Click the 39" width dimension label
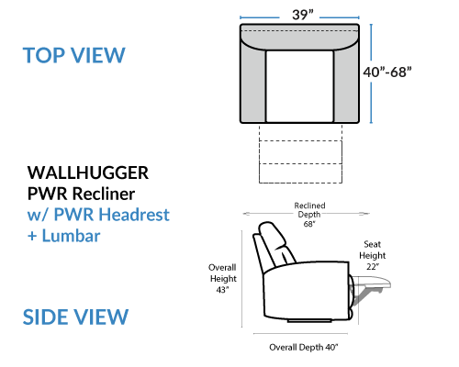(x=303, y=15)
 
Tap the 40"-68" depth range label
(x=387, y=72)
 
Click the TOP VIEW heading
(x=74, y=55)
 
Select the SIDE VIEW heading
(x=75, y=317)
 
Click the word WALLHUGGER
(x=88, y=172)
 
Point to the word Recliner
(x=104, y=194)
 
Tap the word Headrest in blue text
(x=134, y=215)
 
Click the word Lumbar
(x=71, y=236)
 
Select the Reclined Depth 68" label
(x=309, y=215)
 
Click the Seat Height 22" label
(x=373, y=255)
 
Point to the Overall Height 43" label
(x=223, y=279)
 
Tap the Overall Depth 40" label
(x=304, y=348)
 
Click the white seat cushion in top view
(x=299, y=86)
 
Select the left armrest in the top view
(x=253, y=83)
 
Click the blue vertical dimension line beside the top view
(x=371, y=73)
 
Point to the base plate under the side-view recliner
(x=309, y=321)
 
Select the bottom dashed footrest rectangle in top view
(x=300, y=173)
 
